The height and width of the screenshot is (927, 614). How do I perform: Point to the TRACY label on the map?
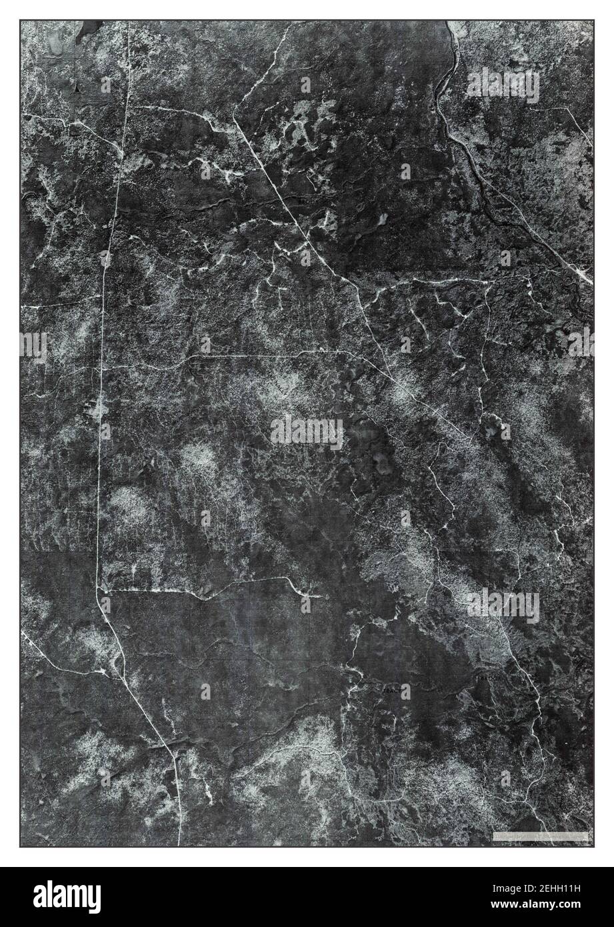pos(393,692)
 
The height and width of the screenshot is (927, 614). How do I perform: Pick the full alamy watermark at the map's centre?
pos(307,433)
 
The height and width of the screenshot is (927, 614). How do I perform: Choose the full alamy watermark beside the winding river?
pos(503,85)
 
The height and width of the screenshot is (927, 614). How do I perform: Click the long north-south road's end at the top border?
pos(129,22)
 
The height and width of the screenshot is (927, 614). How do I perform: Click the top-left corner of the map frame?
pos(21,21)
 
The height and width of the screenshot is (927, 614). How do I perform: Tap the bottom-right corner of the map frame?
pos(593,846)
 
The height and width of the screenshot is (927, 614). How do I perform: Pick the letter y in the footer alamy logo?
pos(94,898)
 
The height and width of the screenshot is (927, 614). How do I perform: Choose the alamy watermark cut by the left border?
pos(33,345)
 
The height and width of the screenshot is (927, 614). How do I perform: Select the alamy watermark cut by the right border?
pos(581,341)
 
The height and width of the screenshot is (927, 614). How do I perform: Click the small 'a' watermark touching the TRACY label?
pos(405,692)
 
